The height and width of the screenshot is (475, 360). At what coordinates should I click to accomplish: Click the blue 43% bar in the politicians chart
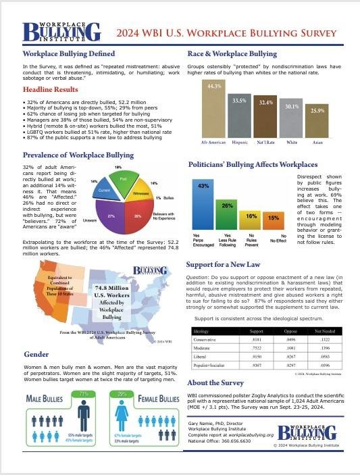pos(201,207)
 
